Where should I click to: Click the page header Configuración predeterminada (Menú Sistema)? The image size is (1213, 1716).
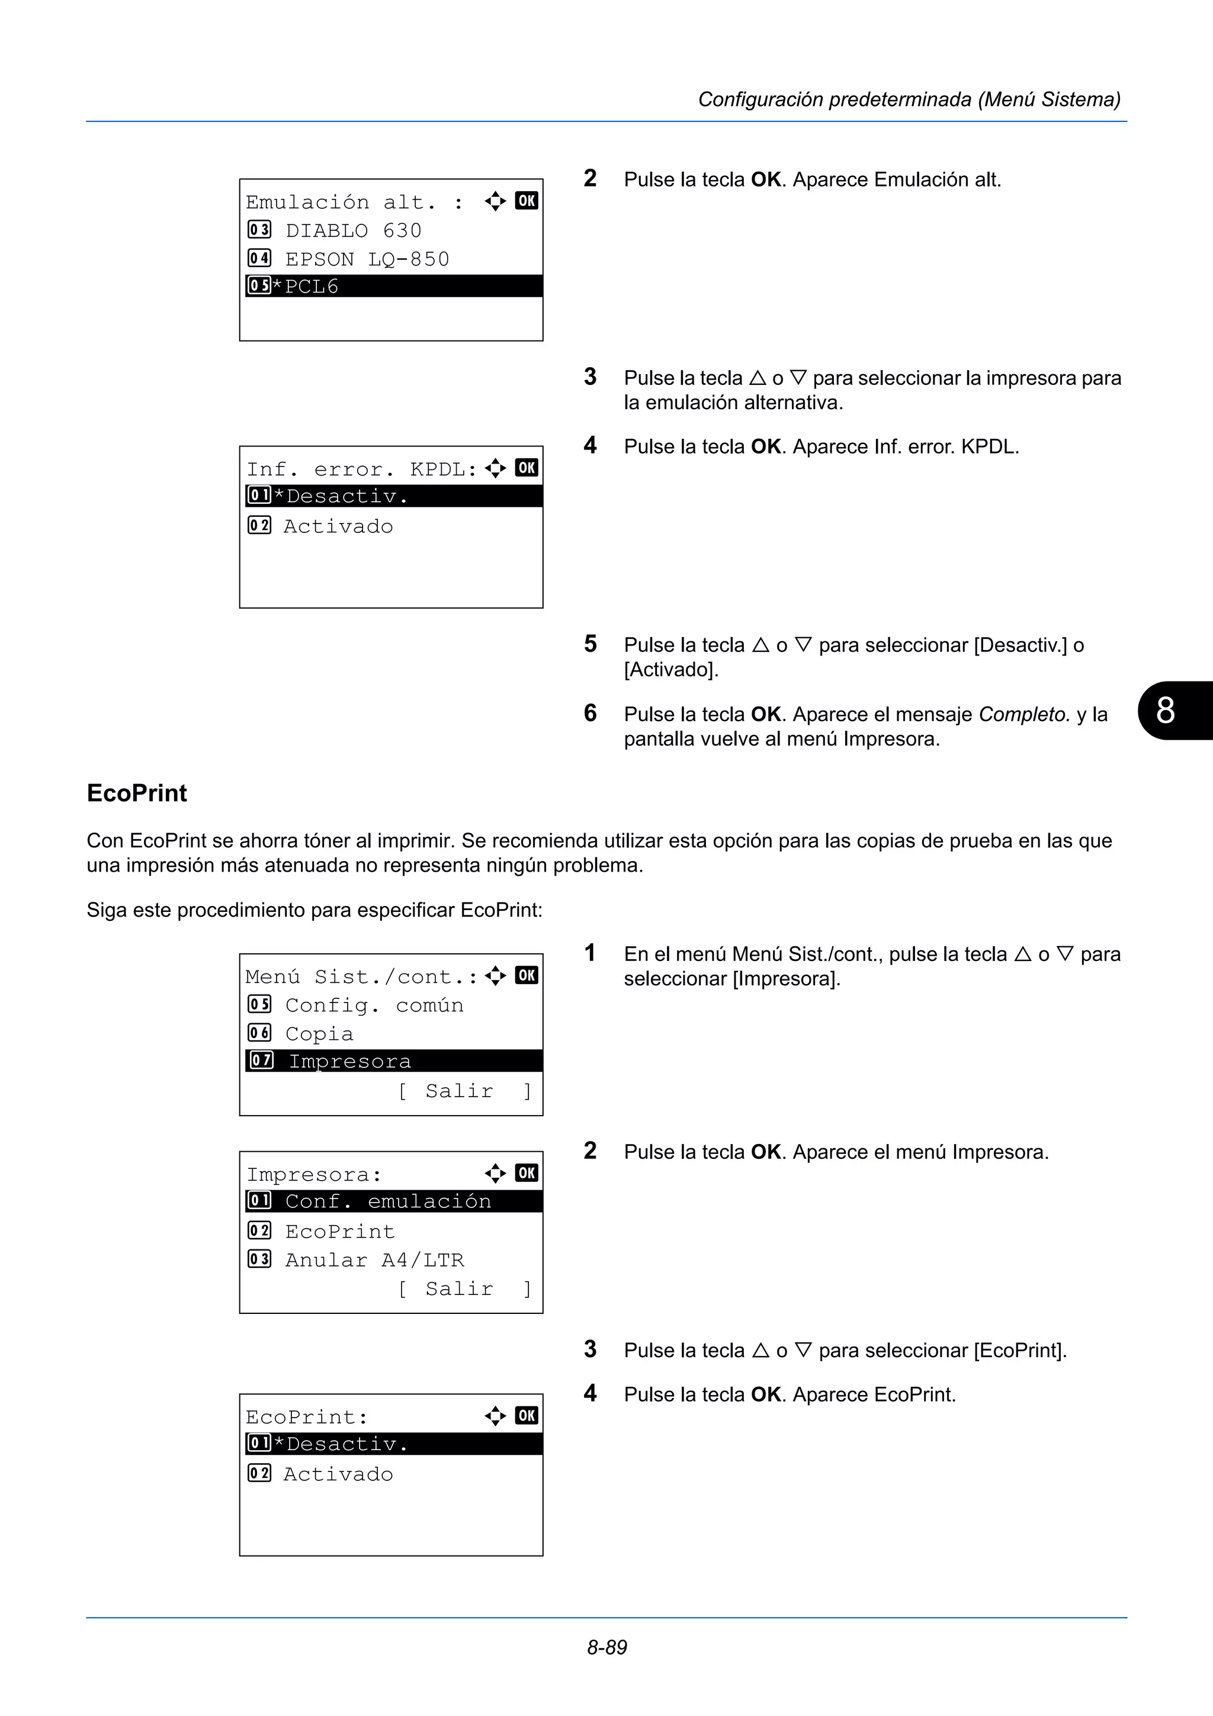pyautogui.click(x=909, y=99)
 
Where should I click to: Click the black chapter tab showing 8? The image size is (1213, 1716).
pyautogui.click(x=1170, y=710)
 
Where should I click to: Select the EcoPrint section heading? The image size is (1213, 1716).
pyautogui.click(x=137, y=793)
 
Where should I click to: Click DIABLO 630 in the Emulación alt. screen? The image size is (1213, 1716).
pyautogui.click(x=353, y=230)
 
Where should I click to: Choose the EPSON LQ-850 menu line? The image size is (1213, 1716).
pyautogui.click(x=366, y=259)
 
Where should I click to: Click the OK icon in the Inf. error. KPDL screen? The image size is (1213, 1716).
pyautogui.click(x=526, y=468)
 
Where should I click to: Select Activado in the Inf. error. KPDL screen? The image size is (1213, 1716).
pyautogui.click(x=338, y=526)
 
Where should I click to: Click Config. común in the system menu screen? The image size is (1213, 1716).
pyautogui.click(x=374, y=1005)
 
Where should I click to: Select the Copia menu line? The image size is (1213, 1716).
pyautogui.click(x=319, y=1034)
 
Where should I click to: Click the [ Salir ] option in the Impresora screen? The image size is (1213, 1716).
pyautogui.click(x=463, y=1288)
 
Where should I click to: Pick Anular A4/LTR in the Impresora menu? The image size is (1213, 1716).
pyautogui.click(x=374, y=1260)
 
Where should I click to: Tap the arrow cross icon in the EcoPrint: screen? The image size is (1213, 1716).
pyautogui.click(x=495, y=1416)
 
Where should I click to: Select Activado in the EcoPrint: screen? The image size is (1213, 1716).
pyautogui.click(x=338, y=1474)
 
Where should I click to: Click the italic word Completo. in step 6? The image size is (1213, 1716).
pyautogui.click(x=1024, y=715)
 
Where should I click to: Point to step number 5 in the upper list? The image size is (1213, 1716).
pyautogui.click(x=591, y=644)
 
